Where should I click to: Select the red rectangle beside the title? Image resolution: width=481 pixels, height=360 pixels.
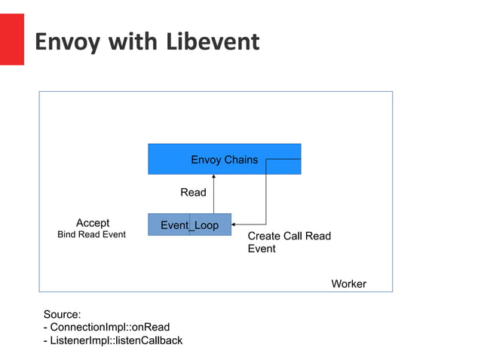pyautogui.click(x=11, y=39)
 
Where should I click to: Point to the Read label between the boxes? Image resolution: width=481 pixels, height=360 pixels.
pyautogui.click(x=193, y=193)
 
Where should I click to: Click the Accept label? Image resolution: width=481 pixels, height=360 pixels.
pyautogui.click(x=93, y=223)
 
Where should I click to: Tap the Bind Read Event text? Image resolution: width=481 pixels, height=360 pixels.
pyautogui.click(x=92, y=235)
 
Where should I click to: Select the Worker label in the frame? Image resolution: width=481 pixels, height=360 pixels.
pyautogui.click(x=348, y=284)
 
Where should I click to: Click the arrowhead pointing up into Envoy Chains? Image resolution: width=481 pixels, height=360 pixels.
pyautogui.click(x=214, y=178)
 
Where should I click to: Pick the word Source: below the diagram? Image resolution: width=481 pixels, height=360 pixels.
pyautogui.click(x=62, y=314)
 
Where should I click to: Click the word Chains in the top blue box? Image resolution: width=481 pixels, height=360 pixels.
pyautogui.click(x=241, y=160)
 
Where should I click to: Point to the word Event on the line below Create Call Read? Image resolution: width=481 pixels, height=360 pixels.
pyautogui.click(x=262, y=249)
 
